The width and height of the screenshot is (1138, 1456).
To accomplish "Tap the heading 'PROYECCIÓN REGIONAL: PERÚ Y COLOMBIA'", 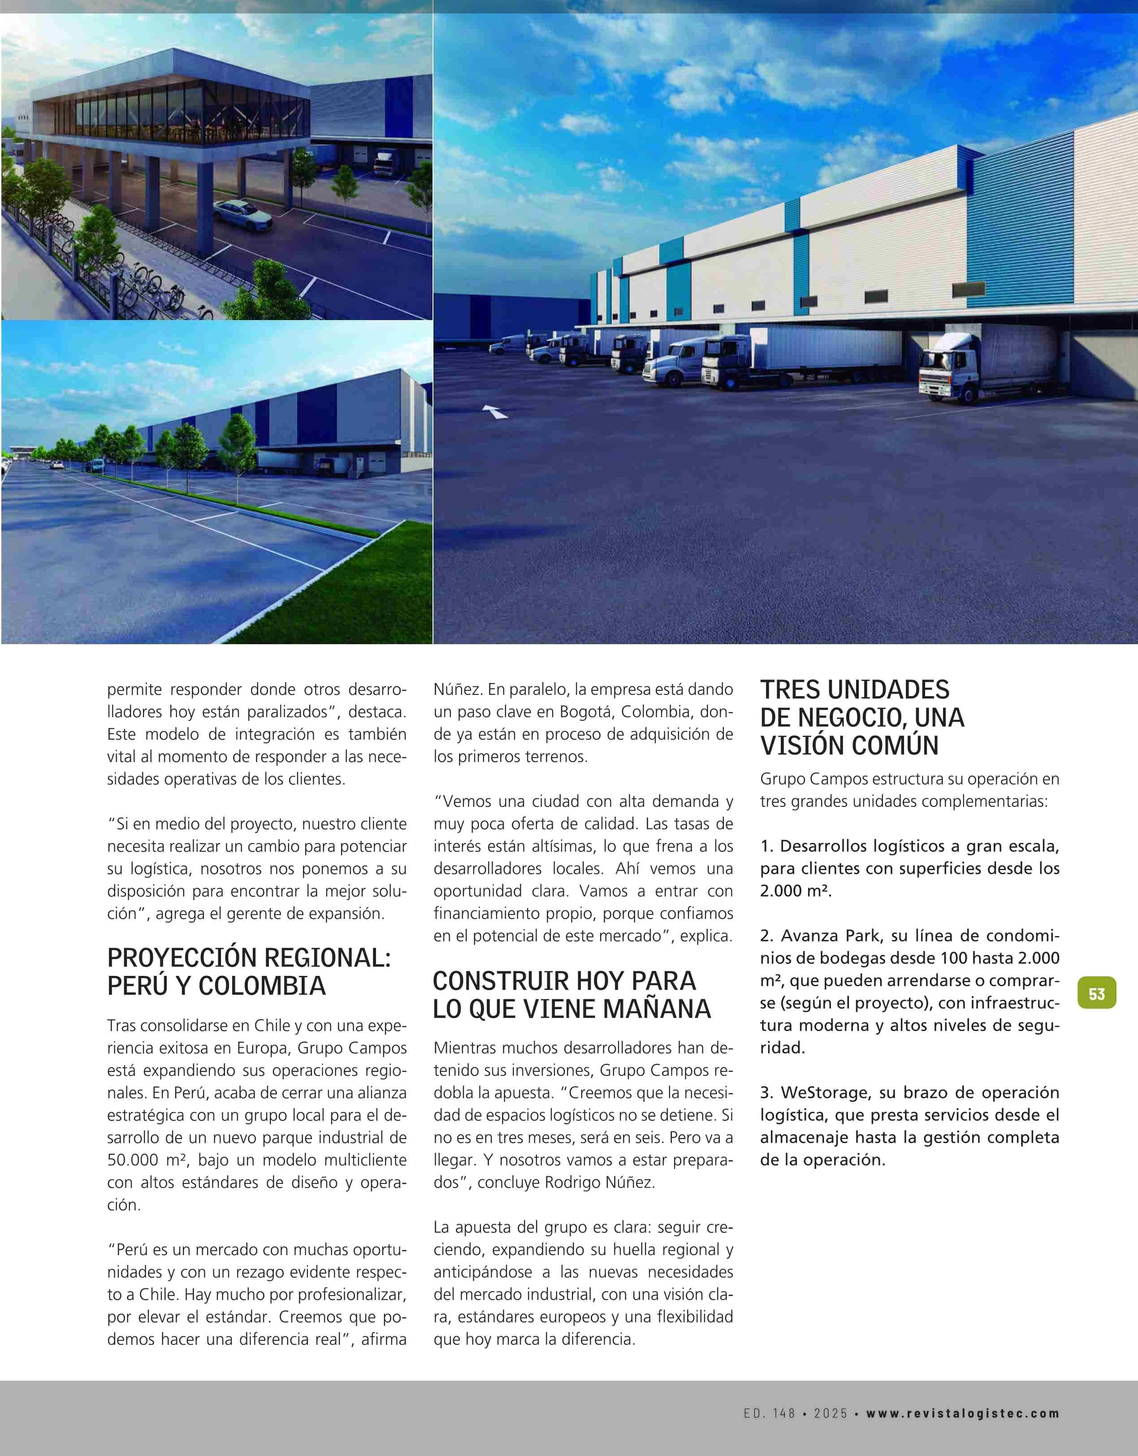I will (x=249, y=971).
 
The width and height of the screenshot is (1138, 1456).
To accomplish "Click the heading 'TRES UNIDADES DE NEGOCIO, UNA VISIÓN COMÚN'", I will (x=862, y=717).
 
